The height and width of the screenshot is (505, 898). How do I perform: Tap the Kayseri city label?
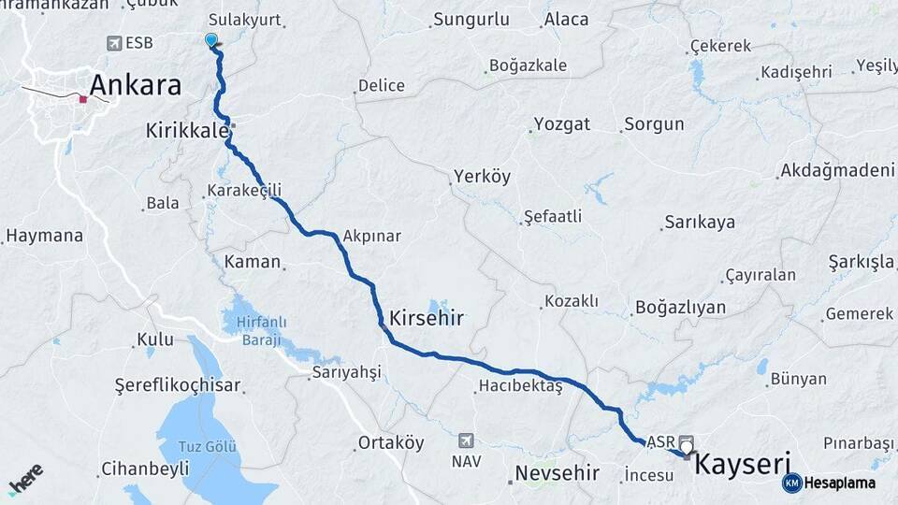(x=744, y=464)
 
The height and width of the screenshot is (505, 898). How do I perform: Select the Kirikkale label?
(x=187, y=131)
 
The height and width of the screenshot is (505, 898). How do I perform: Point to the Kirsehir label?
(x=427, y=318)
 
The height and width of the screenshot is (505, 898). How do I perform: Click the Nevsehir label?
(x=558, y=472)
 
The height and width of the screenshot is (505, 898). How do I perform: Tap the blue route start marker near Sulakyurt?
(x=211, y=40)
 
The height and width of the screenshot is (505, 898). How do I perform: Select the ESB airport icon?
(x=114, y=43)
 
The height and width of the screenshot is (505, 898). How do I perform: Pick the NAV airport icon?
(x=466, y=440)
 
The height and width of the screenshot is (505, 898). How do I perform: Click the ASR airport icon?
(x=687, y=440)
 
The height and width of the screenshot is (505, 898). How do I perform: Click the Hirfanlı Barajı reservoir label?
(x=261, y=330)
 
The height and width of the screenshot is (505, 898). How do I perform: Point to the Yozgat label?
(x=561, y=124)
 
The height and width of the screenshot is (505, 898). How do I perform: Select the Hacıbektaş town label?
(x=520, y=385)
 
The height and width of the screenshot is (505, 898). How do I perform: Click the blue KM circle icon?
(x=792, y=483)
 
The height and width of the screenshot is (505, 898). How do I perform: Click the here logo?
(x=25, y=480)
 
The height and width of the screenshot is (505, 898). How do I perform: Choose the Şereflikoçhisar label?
(x=178, y=384)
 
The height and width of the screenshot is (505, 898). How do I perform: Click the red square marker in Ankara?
(x=83, y=98)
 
